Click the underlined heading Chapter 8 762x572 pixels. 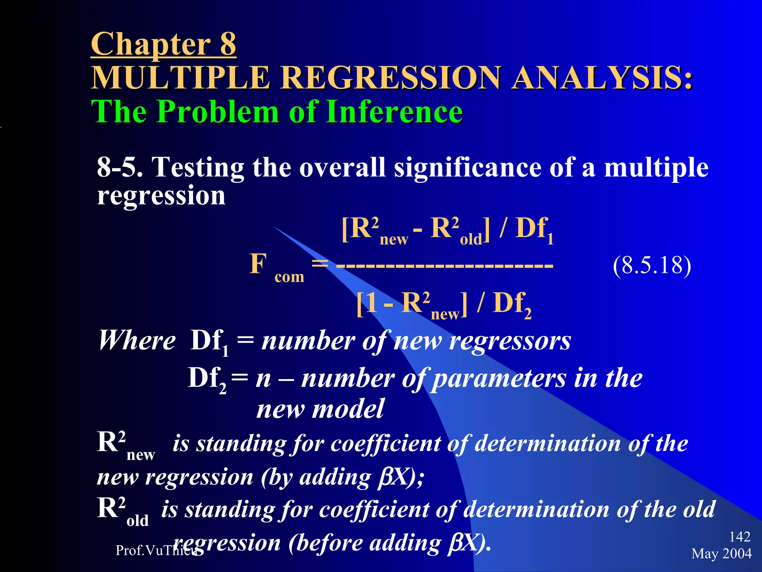click(x=163, y=44)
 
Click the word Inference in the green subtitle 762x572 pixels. click(x=394, y=111)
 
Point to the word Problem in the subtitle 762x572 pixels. click(x=219, y=111)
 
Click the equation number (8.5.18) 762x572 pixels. click(x=652, y=266)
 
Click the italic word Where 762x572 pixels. click(x=137, y=340)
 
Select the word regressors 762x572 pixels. click(x=510, y=341)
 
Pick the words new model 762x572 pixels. click(x=320, y=409)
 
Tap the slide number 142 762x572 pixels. click(x=740, y=537)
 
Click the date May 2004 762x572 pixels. click(x=721, y=553)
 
